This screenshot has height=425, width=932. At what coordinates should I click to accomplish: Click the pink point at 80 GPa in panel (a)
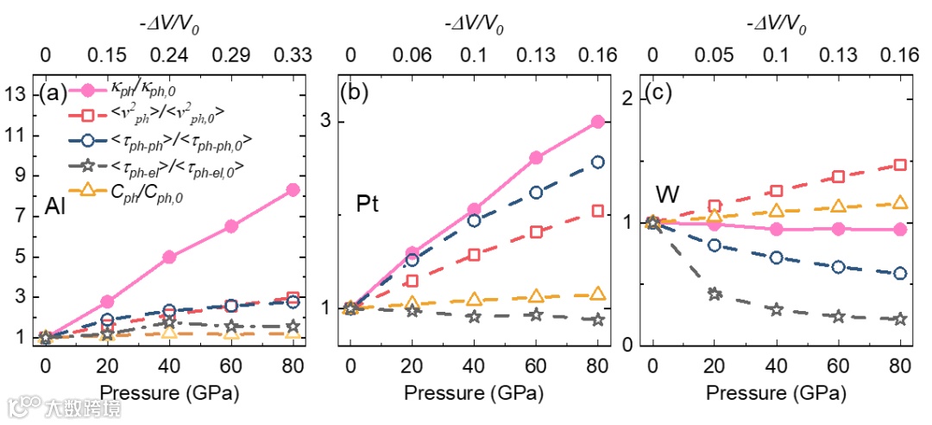(293, 190)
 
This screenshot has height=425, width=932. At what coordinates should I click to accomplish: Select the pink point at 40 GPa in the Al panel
(169, 257)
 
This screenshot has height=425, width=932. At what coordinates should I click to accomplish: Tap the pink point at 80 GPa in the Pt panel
(597, 122)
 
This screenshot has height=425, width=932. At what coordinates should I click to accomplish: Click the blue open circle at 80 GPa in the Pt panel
(597, 162)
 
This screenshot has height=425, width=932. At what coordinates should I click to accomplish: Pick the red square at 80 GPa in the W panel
(900, 165)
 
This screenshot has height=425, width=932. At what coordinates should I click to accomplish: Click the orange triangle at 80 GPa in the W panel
(900, 203)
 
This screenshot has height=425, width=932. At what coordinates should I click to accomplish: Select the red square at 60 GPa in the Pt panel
(536, 232)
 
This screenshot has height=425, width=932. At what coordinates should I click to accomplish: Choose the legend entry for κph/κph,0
(142, 89)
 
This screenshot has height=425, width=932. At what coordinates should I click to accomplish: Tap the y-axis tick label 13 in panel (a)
(18, 95)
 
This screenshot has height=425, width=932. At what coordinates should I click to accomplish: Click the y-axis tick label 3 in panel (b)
(328, 122)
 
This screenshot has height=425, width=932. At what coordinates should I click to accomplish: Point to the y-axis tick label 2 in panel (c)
(629, 98)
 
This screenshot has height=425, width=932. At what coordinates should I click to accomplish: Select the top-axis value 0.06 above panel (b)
(412, 57)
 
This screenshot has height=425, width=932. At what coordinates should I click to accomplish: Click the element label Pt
(368, 205)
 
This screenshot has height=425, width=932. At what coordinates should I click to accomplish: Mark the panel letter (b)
(356, 91)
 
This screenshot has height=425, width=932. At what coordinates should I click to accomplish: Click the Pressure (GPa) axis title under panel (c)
(776, 393)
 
